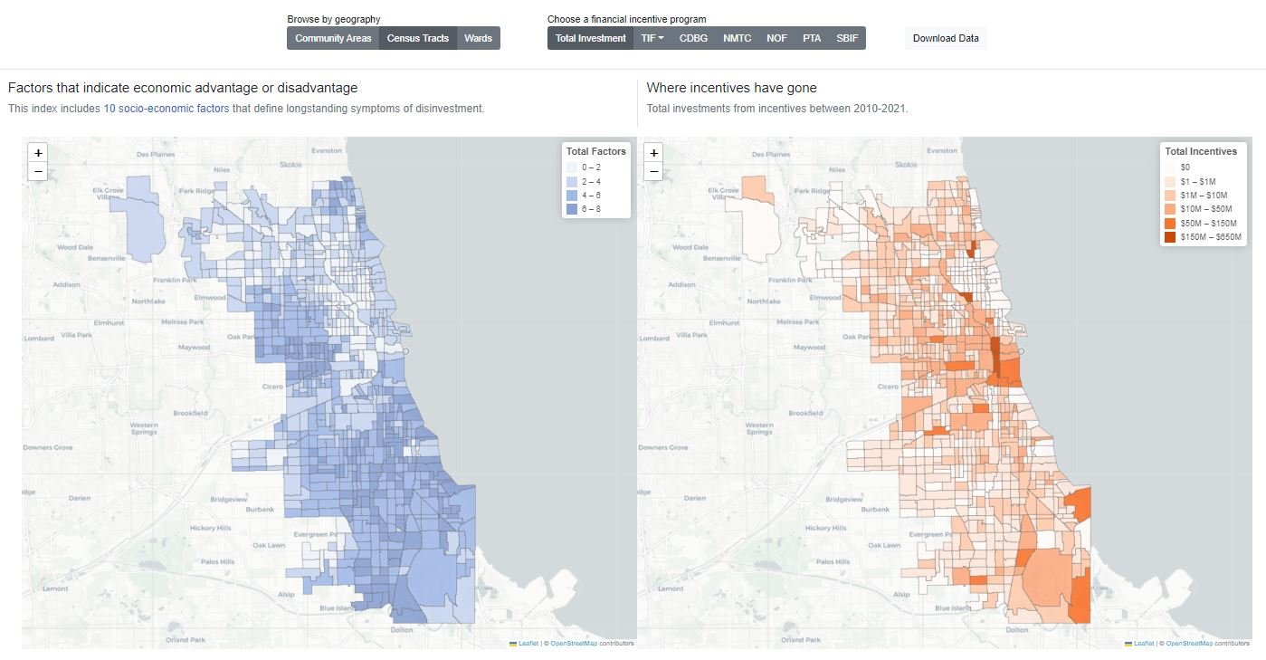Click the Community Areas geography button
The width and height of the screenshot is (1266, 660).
pos(333,38)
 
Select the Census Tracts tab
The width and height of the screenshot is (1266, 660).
pos(418,38)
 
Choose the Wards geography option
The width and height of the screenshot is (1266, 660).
pos(478,38)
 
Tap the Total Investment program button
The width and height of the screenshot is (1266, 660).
pos(590,38)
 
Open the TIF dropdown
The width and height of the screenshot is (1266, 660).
pos(652,38)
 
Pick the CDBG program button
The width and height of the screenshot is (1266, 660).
pos(693,38)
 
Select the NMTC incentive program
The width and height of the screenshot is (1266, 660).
pos(737,38)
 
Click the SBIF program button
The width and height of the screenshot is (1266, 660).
pos(847,38)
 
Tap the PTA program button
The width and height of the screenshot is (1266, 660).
pos(812,38)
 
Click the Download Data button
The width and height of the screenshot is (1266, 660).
pos(946,38)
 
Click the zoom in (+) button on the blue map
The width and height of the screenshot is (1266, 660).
pos(38,153)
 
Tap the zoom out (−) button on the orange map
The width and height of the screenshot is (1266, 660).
pos(653,171)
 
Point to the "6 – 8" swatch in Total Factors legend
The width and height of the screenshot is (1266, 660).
pos(572,209)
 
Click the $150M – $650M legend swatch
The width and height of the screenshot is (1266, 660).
pos(1170,237)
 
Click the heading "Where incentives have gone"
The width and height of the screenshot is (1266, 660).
pos(731,88)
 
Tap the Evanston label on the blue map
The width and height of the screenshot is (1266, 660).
pos(326,150)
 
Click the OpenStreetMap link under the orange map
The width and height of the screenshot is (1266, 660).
pos(1189,644)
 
